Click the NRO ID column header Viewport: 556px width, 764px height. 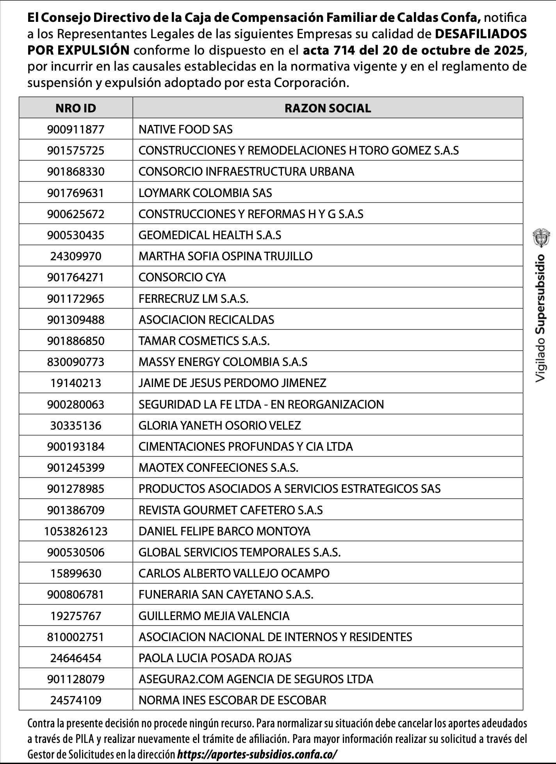tap(76, 108)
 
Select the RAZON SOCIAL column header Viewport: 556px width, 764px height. tap(328, 108)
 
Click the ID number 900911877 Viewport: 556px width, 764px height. tap(76, 129)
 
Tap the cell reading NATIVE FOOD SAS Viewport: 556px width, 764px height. tap(185, 129)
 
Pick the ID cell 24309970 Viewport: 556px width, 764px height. tap(76, 256)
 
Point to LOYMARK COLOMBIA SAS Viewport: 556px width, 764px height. tap(205, 193)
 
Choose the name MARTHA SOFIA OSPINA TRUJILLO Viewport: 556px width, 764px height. tap(225, 256)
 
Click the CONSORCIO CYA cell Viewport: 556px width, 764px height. tap(182, 277)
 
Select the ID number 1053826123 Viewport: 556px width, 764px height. tap(76, 531)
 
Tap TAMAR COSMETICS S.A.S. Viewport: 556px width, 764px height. tap(204, 341)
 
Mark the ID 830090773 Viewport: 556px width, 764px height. tap(76, 362)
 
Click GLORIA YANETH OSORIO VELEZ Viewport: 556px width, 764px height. tap(219, 425)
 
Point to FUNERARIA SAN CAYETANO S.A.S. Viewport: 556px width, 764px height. tap(226, 595)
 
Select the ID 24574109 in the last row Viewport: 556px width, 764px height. tap(76, 700)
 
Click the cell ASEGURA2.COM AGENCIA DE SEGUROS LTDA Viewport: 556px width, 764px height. tap(256, 679)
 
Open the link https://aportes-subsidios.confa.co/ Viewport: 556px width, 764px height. tap(257, 754)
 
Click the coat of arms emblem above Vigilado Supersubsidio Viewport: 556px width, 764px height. tap(541, 239)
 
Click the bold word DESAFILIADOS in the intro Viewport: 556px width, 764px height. tap(481, 34)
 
